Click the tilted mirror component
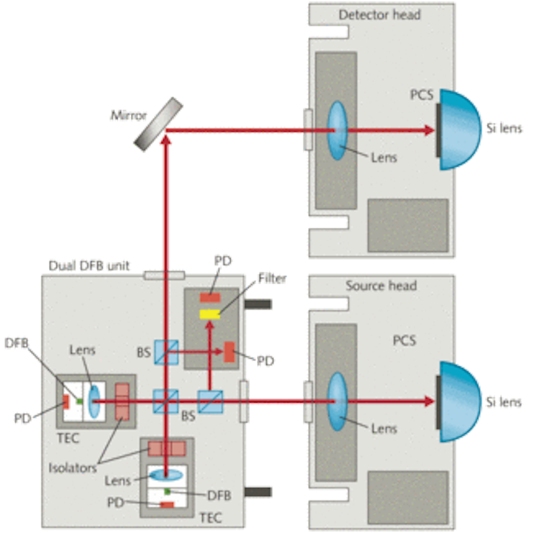click(x=158, y=124)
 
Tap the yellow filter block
click(x=209, y=314)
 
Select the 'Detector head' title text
click(x=379, y=15)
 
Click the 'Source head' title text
click(x=381, y=286)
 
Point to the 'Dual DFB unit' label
click(x=89, y=266)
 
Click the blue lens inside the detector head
click(x=338, y=130)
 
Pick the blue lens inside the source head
click(x=338, y=401)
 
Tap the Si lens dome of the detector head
click(x=460, y=130)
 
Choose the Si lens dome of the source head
click(x=460, y=401)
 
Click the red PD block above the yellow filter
click(x=210, y=298)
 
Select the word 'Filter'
click(x=272, y=278)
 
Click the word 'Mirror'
click(x=129, y=116)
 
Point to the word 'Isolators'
click(x=73, y=468)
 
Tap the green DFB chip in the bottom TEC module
click(x=167, y=492)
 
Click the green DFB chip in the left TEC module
click(x=79, y=401)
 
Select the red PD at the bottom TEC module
click(x=167, y=505)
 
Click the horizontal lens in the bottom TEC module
click(x=167, y=475)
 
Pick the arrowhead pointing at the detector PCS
click(x=429, y=130)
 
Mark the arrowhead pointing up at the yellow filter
click(x=209, y=325)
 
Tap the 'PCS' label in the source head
click(x=404, y=341)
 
